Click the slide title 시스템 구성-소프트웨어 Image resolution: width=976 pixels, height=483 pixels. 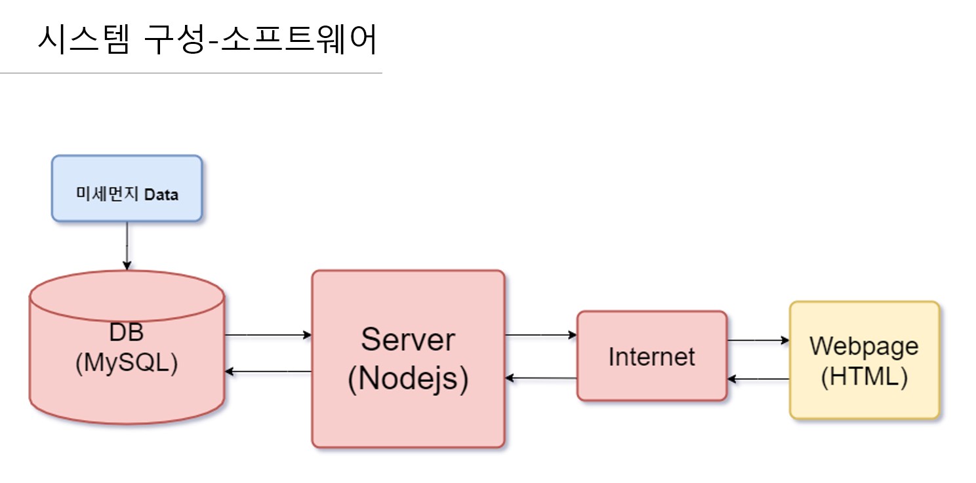(207, 41)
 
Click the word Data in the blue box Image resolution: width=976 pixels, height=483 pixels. (161, 195)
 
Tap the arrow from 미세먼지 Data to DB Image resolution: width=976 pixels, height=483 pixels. (127, 245)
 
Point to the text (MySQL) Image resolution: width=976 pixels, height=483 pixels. (127, 364)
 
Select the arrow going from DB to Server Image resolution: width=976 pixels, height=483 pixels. (268, 335)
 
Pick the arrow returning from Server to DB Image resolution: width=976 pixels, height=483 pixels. (268, 372)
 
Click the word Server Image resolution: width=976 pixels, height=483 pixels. (407, 339)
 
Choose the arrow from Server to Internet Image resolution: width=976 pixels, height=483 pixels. (540, 335)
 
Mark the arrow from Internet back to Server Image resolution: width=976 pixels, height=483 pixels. (540, 378)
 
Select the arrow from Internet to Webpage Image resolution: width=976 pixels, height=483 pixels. (758, 340)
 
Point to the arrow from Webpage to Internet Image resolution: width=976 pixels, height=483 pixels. (758, 379)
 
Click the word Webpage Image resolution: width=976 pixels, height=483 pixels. (864, 345)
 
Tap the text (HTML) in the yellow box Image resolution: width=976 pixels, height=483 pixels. (864, 377)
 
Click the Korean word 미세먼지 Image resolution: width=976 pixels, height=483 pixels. (108, 195)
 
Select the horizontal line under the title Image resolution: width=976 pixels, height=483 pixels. (190, 73)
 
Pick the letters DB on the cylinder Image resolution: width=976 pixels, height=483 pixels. (127, 332)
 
